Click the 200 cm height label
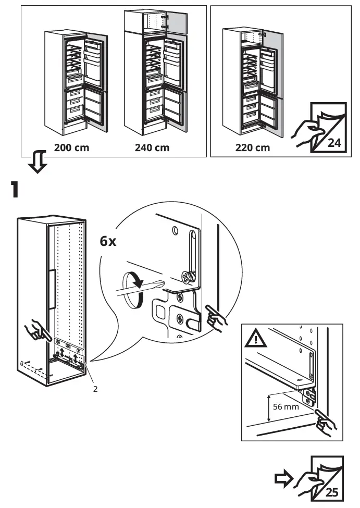(x=71, y=147)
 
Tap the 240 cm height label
(x=152, y=147)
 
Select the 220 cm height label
(x=253, y=147)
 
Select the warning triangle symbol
(x=256, y=340)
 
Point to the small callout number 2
(x=95, y=388)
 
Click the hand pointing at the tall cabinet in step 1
(x=36, y=329)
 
